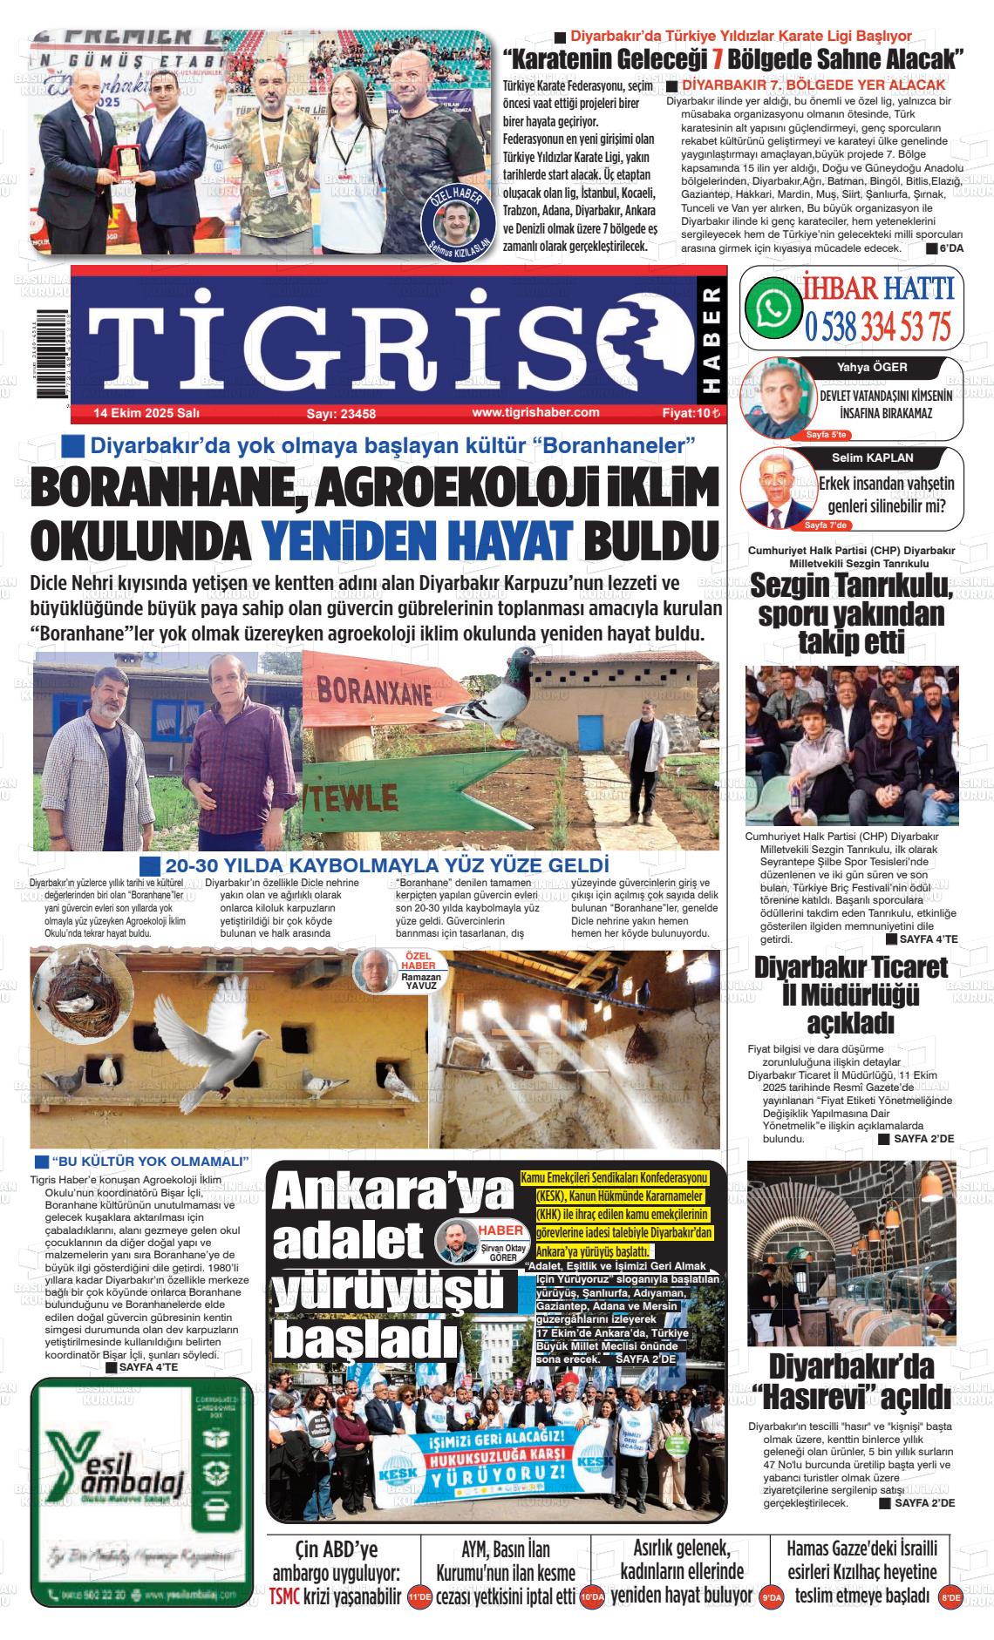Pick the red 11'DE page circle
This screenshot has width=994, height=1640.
pyautogui.click(x=419, y=1597)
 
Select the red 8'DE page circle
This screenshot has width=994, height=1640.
pyautogui.click(x=950, y=1597)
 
